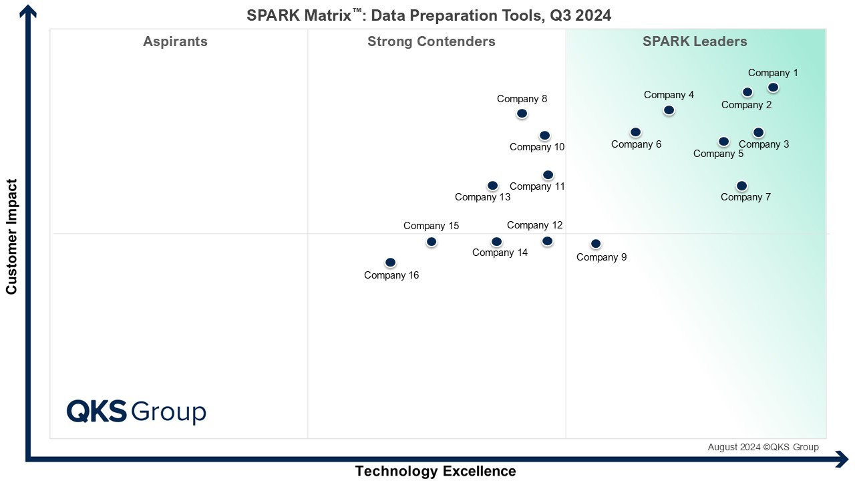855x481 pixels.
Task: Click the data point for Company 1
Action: [x=773, y=88]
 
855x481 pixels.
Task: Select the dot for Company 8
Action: [x=522, y=114]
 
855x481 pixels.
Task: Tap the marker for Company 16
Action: [x=391, y=263]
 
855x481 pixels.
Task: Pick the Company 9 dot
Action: [x=596, y=244]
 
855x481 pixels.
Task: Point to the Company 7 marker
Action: [x=741, y=186]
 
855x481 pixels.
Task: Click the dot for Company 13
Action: [x=492, y=186]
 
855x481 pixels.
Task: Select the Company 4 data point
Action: [x=669, y=110]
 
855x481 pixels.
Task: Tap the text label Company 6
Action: [x=636, y=144]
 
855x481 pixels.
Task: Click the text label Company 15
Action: [x=431, y=226]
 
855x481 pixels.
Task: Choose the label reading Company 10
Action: [x=537, y=147]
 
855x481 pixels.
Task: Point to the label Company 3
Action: [x=763, y=144]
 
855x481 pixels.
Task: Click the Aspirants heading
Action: [x=175, y=41]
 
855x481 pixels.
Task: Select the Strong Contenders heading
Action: [x=432, y=41]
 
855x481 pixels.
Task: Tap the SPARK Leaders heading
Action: [x=695, y=41]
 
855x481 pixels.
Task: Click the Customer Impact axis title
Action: [x=11, y=236]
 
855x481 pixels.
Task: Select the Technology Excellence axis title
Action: [x=436, y=471]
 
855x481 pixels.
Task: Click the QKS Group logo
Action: [x=136, y=411]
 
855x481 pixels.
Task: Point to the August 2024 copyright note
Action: [x=763, y=447]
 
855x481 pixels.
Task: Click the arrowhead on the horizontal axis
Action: [x=842, y=459]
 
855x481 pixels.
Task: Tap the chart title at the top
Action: [x=429, y=15]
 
